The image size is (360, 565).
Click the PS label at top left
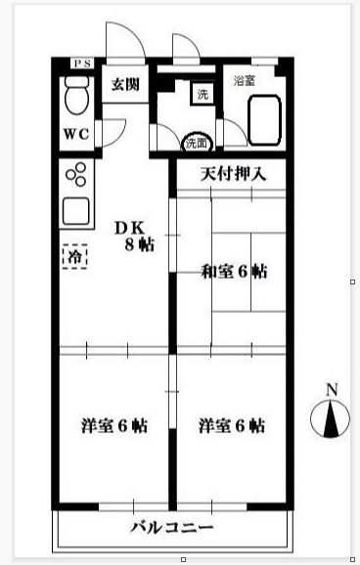point(81,65)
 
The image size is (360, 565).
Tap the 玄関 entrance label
point(125,85)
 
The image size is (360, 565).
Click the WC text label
point(77,133)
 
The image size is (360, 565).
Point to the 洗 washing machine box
point(202,95)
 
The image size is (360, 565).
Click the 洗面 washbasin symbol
point(197,143)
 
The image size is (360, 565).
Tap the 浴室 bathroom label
point(244,81)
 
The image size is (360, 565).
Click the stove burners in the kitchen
point(75,178)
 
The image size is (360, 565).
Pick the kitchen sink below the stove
point(75,209)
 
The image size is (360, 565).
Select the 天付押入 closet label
point(234,176)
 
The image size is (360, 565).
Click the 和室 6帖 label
point(234,272)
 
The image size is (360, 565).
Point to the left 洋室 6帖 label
point(114,426)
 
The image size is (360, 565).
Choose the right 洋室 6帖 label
point(232,426)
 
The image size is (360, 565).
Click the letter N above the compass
point(332,390)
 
